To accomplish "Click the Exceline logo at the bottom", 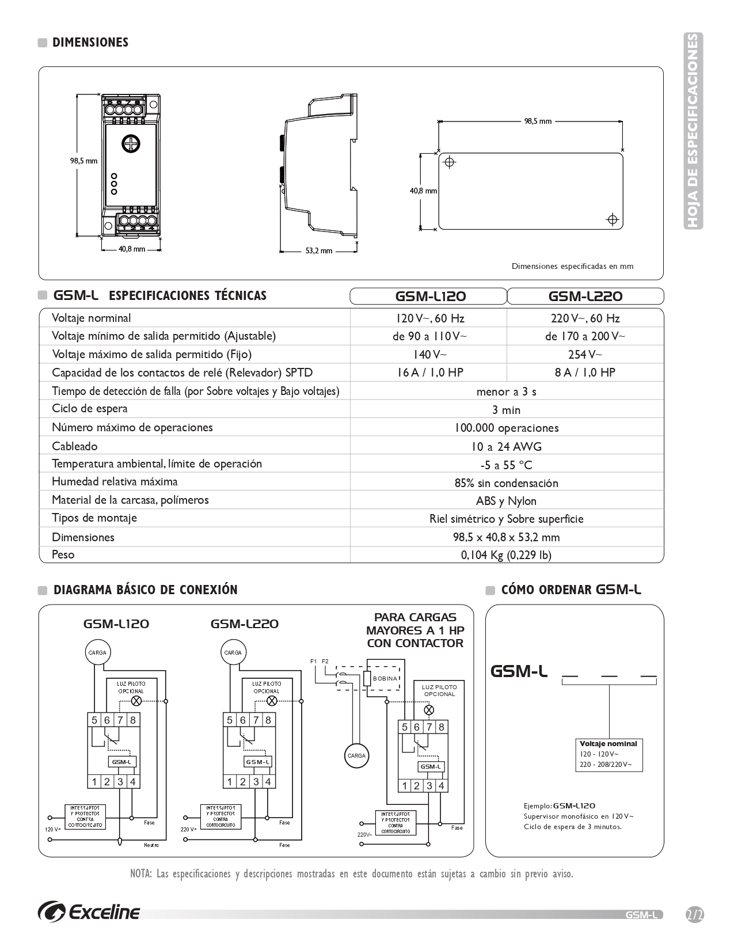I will pos(89,913).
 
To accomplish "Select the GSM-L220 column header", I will pos(585,297).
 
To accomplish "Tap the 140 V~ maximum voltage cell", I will pos(429,354).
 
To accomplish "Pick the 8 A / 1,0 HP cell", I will pos(585,373).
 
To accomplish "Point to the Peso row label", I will pos(63,554).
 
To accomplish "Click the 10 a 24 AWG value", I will pos(506,447).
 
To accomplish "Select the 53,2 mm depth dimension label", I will pos(318,251).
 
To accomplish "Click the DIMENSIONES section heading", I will pos(90,43).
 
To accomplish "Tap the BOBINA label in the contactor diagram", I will pos(385,678).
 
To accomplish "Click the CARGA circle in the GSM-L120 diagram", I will pos(97,653).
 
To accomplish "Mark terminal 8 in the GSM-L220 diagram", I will pos(268,720).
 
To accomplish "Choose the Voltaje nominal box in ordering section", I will pos(608,755).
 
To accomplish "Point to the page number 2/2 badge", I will pos(695,914).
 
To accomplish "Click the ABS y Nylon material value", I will pos(506,501).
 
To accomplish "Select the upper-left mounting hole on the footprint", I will pos(450,162).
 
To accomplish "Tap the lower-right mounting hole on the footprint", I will pos(613,219).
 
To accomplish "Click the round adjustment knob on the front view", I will pos(131,144).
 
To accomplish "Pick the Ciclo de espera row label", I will pos(90,409).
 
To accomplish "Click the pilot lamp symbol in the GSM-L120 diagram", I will pos(137,701).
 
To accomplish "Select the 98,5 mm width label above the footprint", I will pos(538,121).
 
